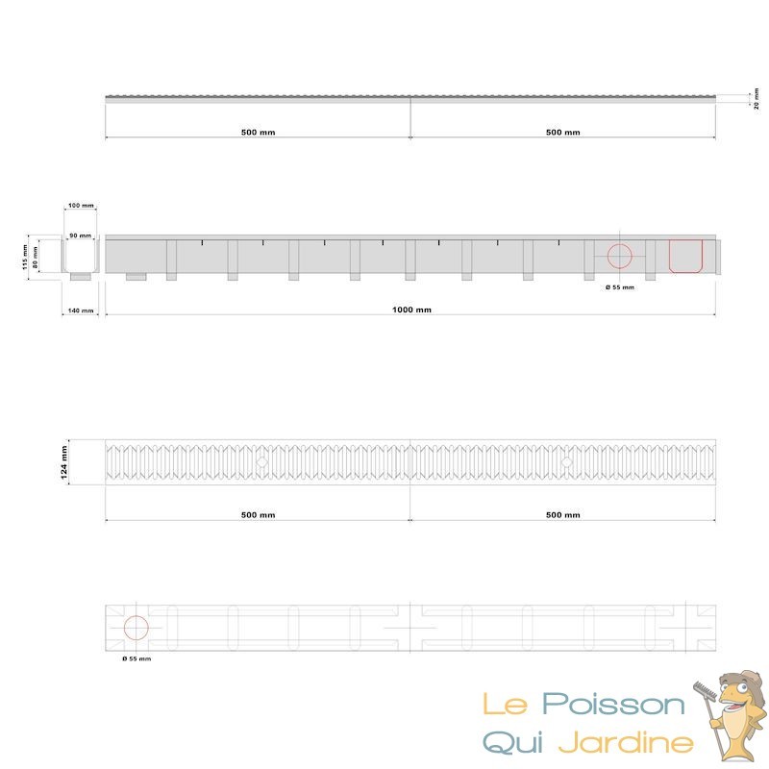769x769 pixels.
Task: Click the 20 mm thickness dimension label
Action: [x=757, y=99]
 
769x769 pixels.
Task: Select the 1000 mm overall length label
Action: [x=412, y=310]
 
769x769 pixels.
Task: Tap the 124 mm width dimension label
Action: [x=63, y=462]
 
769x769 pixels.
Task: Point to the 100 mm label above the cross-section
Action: [x=81, y=205]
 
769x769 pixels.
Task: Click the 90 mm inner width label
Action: [x=80, y=236]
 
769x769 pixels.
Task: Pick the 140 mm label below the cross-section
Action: [x=81, y=310]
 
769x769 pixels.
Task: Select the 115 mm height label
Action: [x=25, y=258]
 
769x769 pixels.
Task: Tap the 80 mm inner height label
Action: [x=36, y=256]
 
